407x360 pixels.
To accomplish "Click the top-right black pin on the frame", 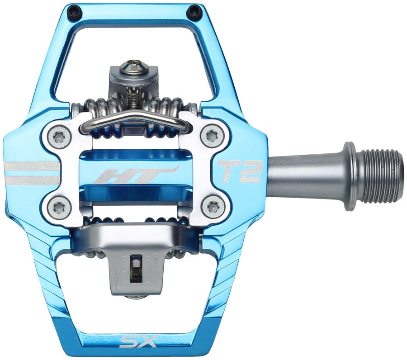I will pyautogui.click(x=195, y=12).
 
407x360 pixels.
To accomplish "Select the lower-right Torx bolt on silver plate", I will pyautogui.click(x=213, y=207).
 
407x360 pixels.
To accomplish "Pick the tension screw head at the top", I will pyautogui.click(x=134, y=65).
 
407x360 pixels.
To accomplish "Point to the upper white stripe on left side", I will pyautogui.click(x=32, y=166).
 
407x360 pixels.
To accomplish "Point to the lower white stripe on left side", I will pyautogui.click(x=32, y=180).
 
